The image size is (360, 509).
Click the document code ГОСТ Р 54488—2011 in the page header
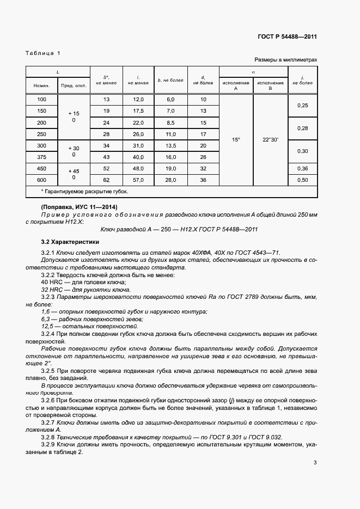[x=287, y=37]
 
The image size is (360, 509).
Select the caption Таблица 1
[x=43, y=53]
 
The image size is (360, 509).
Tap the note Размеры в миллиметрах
[x=285, y=60]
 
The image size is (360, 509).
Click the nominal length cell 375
[x=41, y=157]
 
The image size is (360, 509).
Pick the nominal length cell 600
[x=41, y=180]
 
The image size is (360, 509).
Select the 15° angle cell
[x=236, y=140]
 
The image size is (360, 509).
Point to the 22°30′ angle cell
[x=270, y=140]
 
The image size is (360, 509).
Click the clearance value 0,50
[x=302, y=180]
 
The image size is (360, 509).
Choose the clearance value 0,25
[x=302, y=105]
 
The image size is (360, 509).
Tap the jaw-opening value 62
[x=106, y=180]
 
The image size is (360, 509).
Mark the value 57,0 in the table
[x=138, y=180]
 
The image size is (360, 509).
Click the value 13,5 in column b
[x=170, y=145]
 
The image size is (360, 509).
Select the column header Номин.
[x=41, y=86]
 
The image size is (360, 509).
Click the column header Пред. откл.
[x=74, y=86]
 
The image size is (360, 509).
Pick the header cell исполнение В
[x=270, y=85]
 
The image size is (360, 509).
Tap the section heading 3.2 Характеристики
[x=70, y=241]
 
